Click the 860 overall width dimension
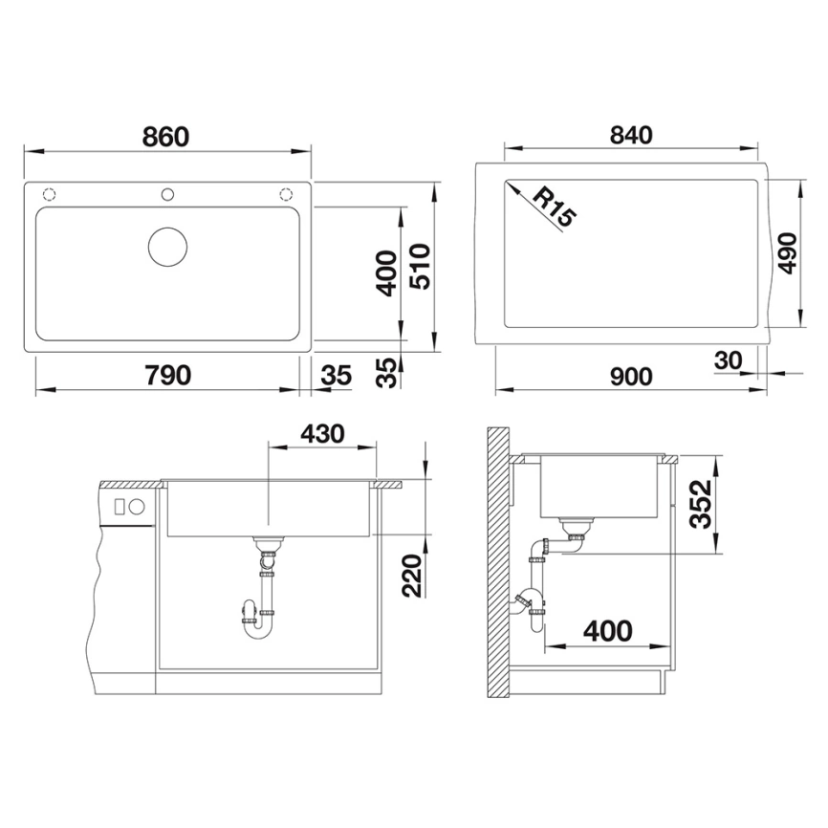(166, 137)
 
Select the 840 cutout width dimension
(630, 135)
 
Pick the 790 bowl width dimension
(167, 375)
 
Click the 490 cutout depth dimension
(787, 252)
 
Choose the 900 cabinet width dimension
(630, 376)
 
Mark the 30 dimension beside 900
(729, 360)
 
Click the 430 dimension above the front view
(321, 433)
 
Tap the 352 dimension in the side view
(703, 503)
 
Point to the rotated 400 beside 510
(387, 272)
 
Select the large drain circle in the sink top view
(168, 247)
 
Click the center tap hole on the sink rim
(167, 194)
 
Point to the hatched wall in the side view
(496, 564)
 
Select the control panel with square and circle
(127, 507)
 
